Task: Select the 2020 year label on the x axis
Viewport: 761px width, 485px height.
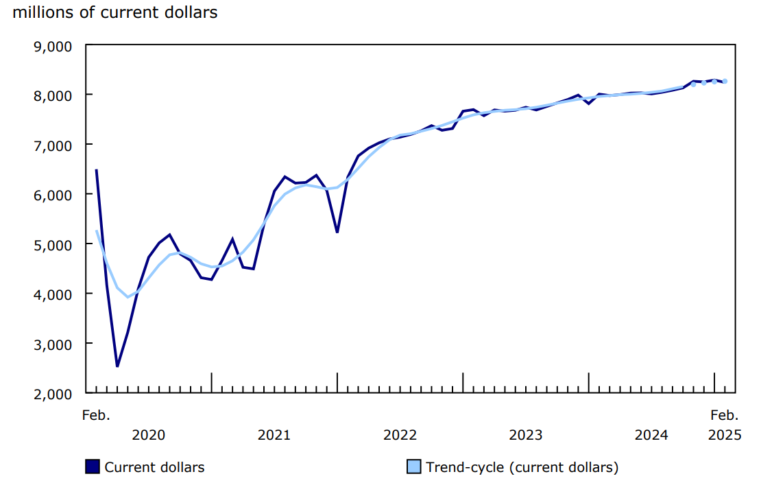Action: [x=148, y=435]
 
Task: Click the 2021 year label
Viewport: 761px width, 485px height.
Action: [x=274, y=435]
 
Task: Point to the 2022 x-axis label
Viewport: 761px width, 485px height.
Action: [x=400, y=435]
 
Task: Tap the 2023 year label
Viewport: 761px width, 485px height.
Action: [x=526, y=435]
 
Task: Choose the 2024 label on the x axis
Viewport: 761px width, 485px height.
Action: [x=651, y=435]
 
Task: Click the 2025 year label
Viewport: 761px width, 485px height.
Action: [x=724, y=435]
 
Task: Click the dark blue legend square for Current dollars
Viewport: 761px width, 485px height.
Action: [x=93, y=467]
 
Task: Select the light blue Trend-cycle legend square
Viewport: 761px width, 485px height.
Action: [x=413, y=467]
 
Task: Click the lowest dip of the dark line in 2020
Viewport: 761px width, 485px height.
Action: [x=117, y=366]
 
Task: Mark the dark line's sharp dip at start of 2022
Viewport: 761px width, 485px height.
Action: [x=337, y=232]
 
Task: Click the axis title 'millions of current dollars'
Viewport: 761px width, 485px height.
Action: [x=114, y=12]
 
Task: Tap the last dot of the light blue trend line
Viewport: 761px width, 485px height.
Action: [x=725, y=82]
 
